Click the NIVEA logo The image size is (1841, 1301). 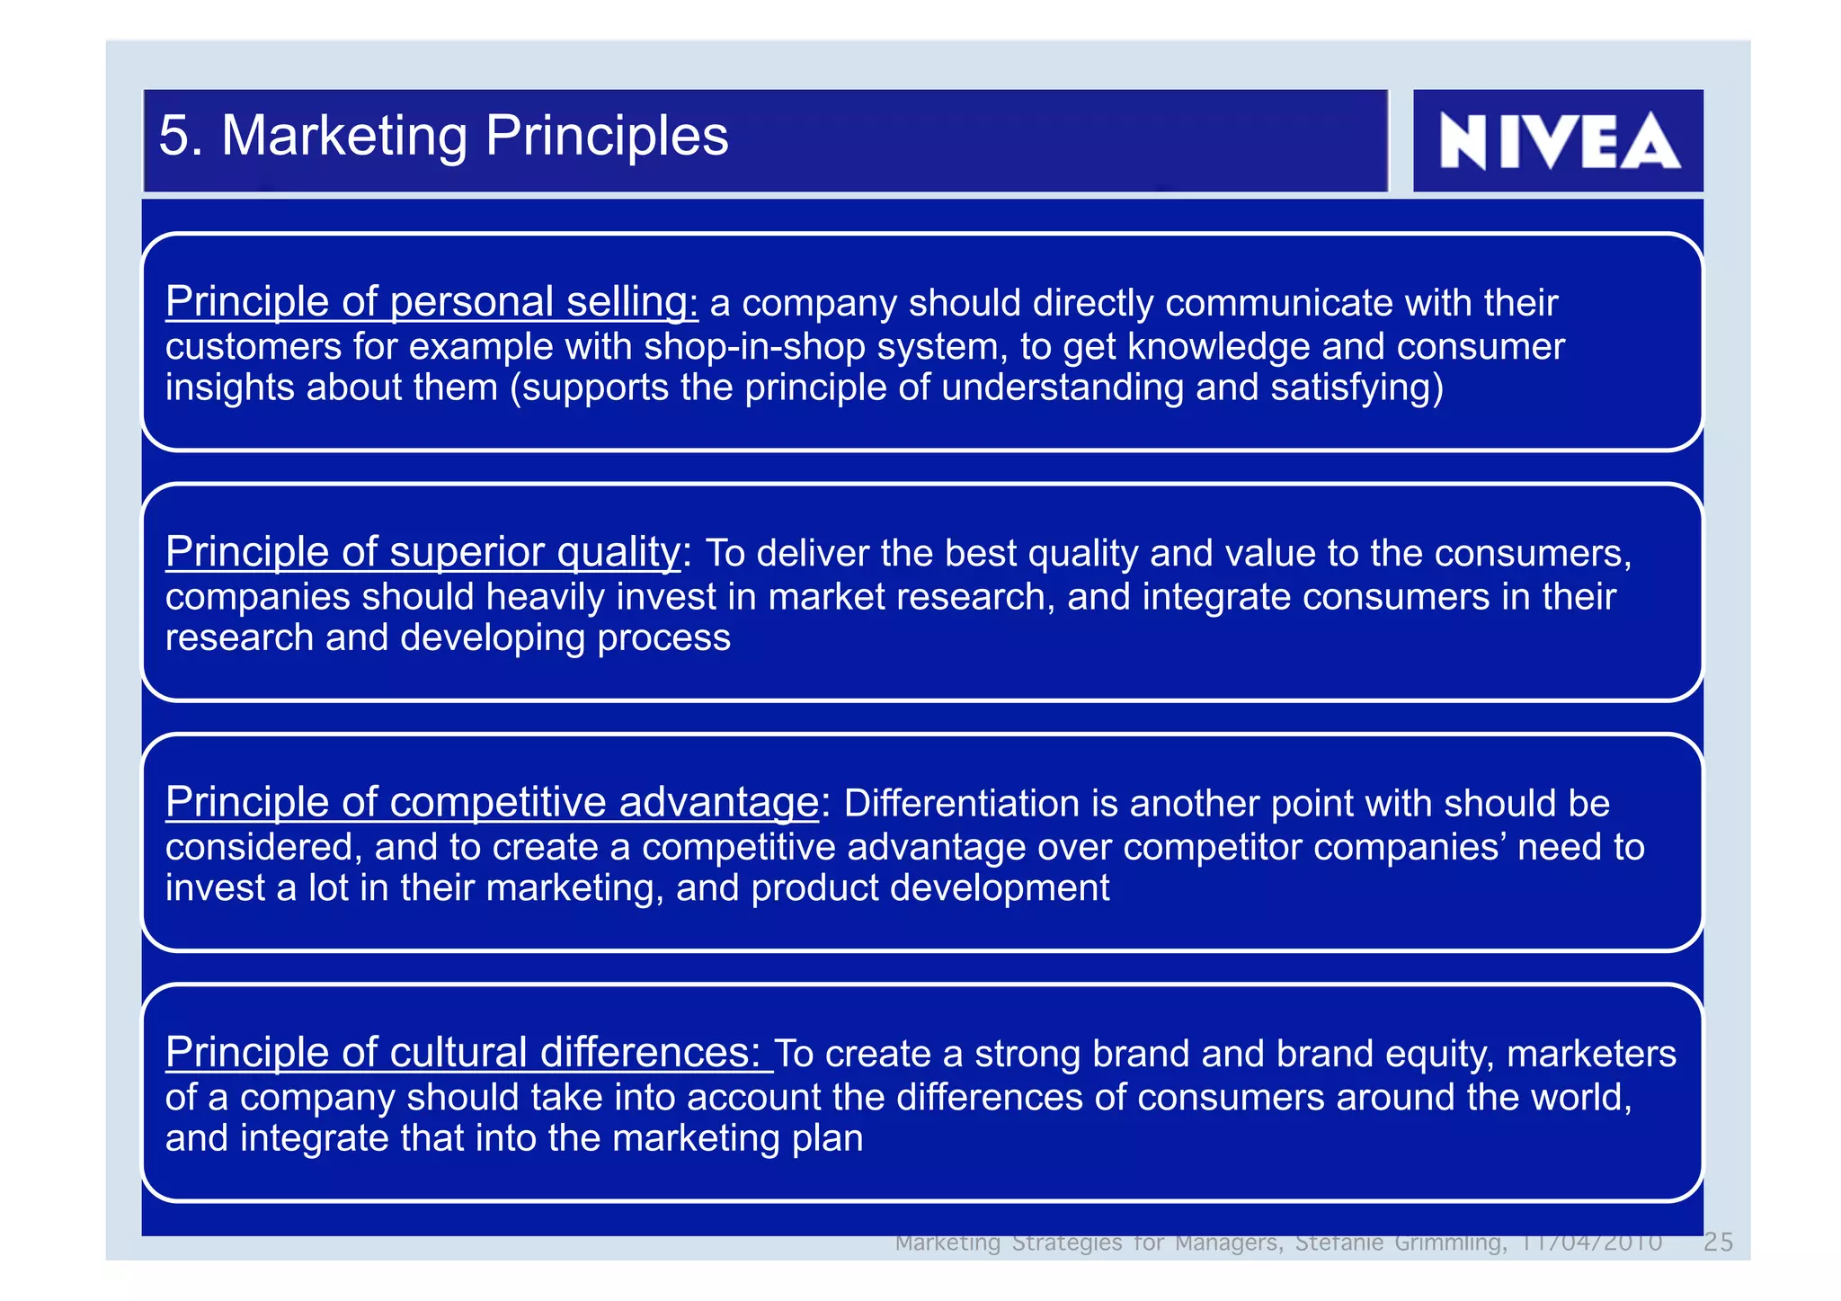(1559, 141)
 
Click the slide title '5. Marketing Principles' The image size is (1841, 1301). (443, 136)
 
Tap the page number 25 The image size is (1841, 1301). (1718, 1243)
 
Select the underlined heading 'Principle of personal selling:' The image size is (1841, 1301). (431, 301)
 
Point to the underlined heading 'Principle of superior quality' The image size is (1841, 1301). (422, 551)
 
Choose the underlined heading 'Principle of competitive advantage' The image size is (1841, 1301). (492, 801)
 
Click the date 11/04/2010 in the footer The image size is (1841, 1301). (1590, 1243)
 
